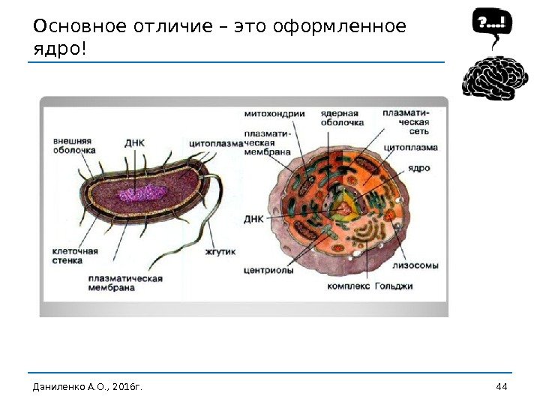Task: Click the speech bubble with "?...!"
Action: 492,24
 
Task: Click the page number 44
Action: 502,386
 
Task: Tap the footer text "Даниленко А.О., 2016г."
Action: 87,386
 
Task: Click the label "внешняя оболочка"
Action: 73,144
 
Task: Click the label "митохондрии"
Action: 274,114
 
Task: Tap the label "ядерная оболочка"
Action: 342,118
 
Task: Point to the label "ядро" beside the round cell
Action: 419,168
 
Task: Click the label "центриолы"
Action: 268,271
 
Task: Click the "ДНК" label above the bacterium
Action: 135,141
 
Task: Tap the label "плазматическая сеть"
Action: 406,121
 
